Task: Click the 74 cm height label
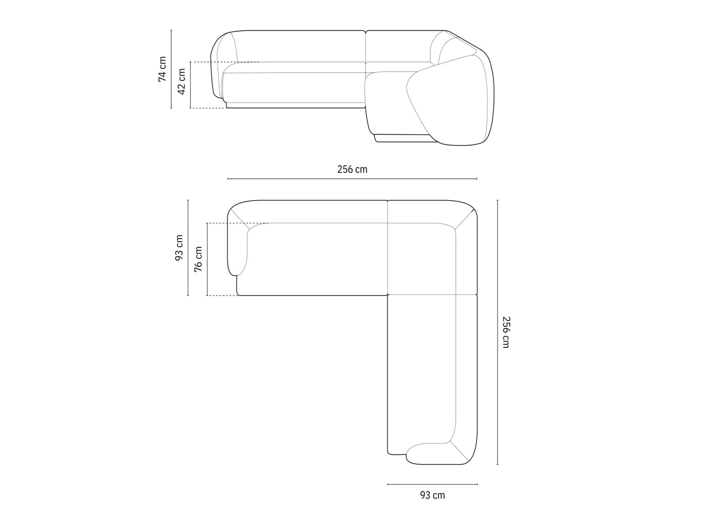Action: tap(162, 69)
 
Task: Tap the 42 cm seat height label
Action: tap(181, 81)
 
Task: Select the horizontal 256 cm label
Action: tap(352, 169)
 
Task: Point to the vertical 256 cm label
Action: tap(505, 332)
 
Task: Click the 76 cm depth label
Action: tap(198, 259)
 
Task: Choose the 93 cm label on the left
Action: tap(179, 247)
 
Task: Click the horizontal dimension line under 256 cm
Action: tap(352, 179)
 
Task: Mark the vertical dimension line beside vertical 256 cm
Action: tap(498, 332)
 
